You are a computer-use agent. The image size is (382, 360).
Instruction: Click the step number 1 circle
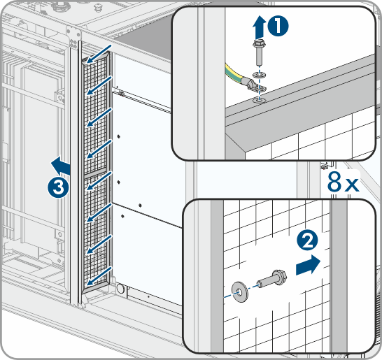(278, 27)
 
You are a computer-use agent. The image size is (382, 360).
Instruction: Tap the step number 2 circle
(307, 240)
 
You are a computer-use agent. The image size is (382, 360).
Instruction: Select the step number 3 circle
(59, 187)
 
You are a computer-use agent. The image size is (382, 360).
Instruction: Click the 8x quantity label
(343, 182)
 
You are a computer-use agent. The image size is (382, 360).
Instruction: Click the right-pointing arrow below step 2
(308, 265)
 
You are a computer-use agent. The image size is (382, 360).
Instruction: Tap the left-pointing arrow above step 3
(61, 166)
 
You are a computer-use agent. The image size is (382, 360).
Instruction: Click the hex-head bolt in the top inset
(259, 53)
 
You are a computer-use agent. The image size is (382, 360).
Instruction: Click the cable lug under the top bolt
(255, 85)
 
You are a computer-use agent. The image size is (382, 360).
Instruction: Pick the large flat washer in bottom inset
(240, 292)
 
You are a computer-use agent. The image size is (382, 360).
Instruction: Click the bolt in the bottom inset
(273, 279)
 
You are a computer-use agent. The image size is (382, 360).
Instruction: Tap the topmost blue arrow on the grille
(99, 54)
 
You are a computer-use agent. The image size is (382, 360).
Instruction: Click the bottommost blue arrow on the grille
(99, 276)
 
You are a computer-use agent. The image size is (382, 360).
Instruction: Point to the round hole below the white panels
(120, 289)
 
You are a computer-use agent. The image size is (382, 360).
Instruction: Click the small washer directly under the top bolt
(259, 75)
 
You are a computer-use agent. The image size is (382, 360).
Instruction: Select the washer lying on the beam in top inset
(259, 100)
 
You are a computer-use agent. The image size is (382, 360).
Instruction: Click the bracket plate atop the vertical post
(73, 36)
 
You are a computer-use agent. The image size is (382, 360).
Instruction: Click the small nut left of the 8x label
(324, 166)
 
